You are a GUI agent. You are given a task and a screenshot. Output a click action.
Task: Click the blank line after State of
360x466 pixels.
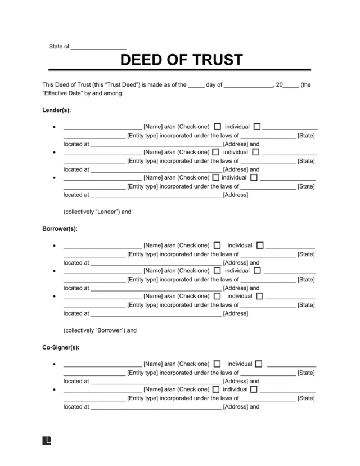click(99, 47)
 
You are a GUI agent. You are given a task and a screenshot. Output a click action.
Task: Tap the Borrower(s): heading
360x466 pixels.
click(60, 229)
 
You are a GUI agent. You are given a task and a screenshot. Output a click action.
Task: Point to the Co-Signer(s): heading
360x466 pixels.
click(61, 348)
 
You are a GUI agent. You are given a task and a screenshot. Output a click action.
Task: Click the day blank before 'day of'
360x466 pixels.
click(196, 86)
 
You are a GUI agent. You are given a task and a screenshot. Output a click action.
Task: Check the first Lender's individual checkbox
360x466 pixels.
click(218, 127)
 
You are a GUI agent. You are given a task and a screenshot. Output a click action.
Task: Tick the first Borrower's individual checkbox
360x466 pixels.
click(218, 245)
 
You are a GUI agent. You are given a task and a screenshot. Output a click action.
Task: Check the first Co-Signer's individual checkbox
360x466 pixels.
click(218, 364)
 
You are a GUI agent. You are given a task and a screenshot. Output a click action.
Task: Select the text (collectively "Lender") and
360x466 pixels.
click(97, 212)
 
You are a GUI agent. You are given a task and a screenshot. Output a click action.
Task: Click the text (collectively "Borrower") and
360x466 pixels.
click(100, 330)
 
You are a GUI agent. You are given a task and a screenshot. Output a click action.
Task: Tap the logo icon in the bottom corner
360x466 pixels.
click(47, 441)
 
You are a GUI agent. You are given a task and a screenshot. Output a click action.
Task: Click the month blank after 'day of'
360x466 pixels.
click(248, 86)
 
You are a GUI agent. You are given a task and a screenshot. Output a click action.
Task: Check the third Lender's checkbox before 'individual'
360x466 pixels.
click(218, 177)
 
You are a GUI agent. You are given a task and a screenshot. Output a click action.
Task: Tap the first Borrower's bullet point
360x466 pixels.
click(54, 246)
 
